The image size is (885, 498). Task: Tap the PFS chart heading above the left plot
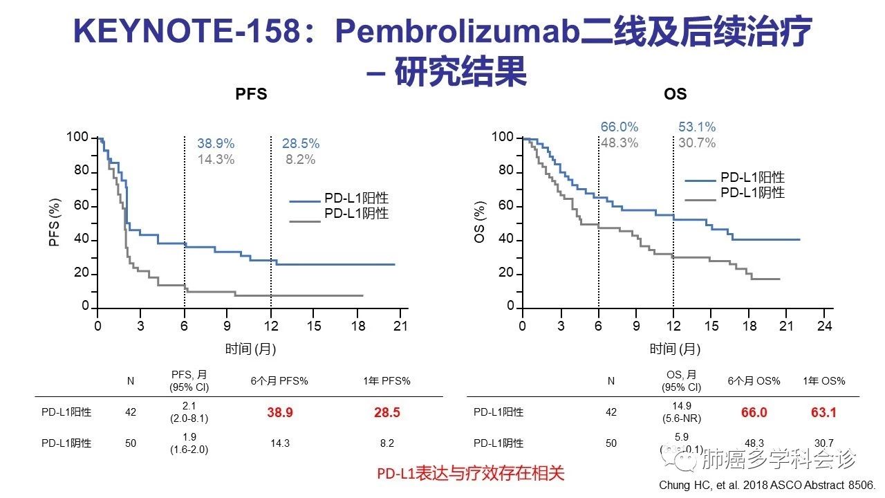tap(251, 94)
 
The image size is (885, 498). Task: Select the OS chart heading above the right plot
tap(675, 94)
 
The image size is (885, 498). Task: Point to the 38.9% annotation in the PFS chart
tap(216, 144)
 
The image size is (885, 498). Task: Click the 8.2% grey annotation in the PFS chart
tap(300, 160)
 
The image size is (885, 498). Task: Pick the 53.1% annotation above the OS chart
tap(696, 127)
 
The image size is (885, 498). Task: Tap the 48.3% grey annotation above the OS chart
tap(619, 143)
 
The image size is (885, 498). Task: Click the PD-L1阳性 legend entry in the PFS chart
tap(356, 199)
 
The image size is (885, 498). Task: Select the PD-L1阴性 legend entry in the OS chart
tap(752, 193)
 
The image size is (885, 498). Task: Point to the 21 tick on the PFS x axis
tap(400, 326)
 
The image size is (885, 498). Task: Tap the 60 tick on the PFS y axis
tap(81, 205)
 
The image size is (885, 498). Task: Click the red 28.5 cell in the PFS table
tap(387, 413)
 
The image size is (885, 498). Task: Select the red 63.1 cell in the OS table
tap(823, 413)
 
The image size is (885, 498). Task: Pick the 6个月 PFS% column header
tap(279, 381)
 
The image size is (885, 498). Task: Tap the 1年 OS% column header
tap(823, 381)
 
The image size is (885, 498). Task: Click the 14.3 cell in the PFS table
tap(280, 443)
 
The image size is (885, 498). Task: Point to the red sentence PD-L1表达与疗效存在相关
tap(470, 474)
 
